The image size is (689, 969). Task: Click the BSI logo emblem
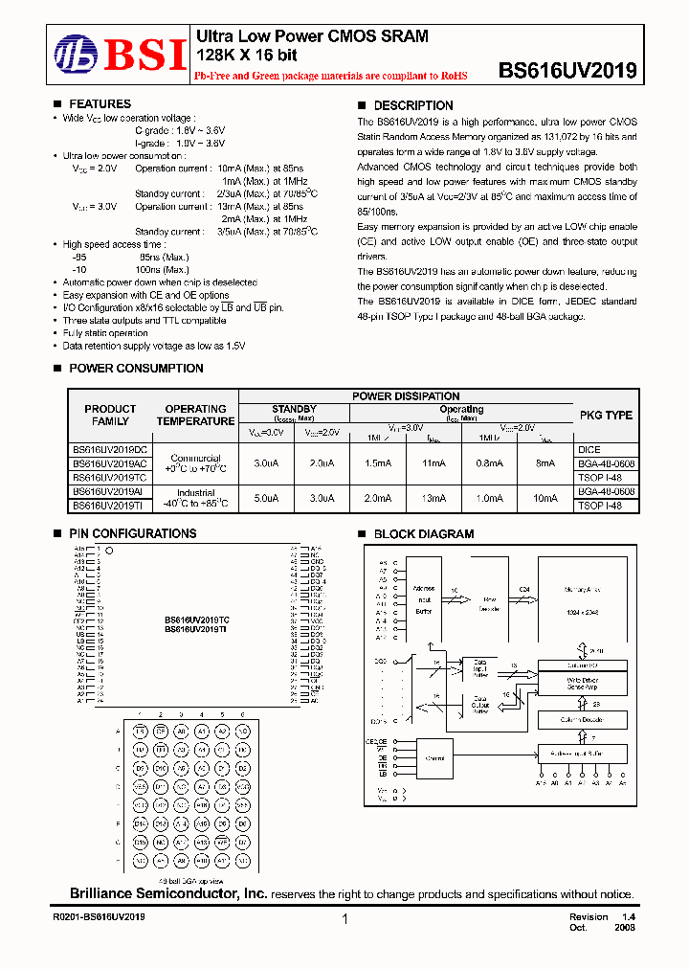(x=75, y=54)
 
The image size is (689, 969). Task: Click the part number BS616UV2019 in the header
(x=567, y=71)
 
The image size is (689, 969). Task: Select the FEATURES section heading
(x=100, y=104)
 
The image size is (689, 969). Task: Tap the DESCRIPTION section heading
(x=412, y=105)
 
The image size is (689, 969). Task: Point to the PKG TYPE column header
(x=606, y=416)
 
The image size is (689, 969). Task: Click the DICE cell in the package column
(x=589, y=448)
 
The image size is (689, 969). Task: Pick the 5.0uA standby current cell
(x=266, y=498)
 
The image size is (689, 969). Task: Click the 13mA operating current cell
(x=434, y=498)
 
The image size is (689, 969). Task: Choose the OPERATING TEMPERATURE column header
(x=195, y=415)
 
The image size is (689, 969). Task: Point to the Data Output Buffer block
(x=480, y=705)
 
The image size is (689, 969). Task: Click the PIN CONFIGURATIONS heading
(x=132, y=534)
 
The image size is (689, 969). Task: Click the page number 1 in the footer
(x=344, y=919)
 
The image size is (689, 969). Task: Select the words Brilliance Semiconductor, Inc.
(x=168, y=893)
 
